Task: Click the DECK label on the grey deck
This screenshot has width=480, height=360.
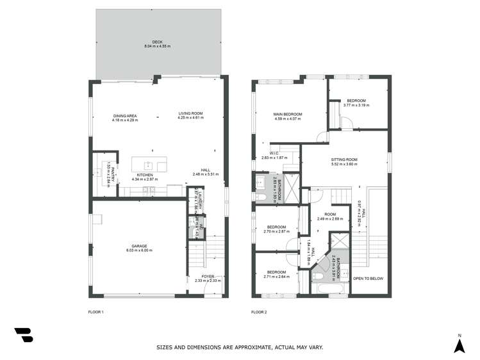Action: tap(157, 42)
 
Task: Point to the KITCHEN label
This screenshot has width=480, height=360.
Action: tap(144, 175)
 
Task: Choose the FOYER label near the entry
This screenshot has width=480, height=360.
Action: tap(208, 276)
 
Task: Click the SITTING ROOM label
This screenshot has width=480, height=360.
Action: tap(343, 159)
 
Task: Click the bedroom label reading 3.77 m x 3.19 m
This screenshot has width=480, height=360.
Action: tap(356, 105)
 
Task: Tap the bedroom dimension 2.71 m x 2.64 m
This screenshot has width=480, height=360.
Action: tap(276, 277)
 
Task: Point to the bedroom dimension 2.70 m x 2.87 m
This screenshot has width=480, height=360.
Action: tap(276, 231)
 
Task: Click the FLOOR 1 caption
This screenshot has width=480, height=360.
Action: tap(95, 312)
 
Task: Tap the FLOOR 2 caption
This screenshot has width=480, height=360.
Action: tap(259, 312)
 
